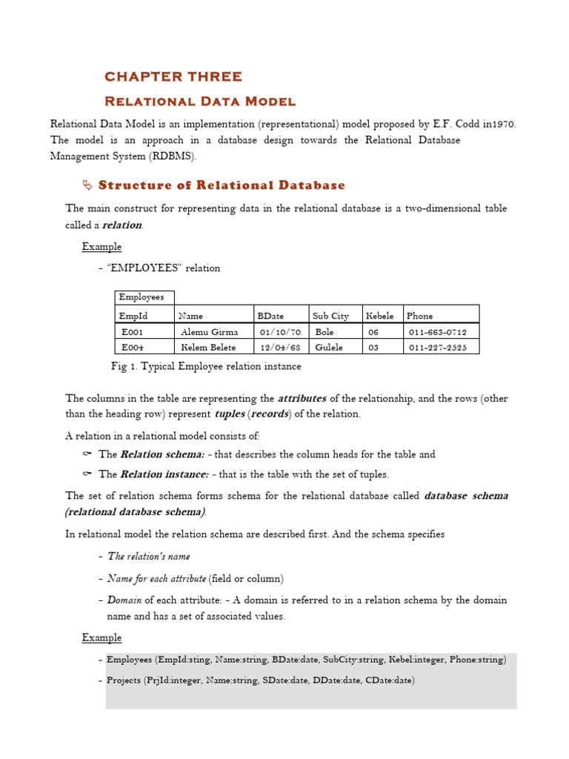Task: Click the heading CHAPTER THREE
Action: [x=173, y=76]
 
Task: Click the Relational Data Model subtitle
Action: [x=199, y=101]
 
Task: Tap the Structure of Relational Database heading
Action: [x=222, y=185]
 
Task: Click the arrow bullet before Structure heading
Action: [x=86, y=185]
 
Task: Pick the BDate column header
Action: [x=270, y=316]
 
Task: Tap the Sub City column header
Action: [x=330, y=316]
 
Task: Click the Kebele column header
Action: [x=380, y=316]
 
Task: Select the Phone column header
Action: [x=419, y=316]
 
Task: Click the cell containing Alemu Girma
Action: [x=209, y=332]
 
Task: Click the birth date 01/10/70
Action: [x=280, y=332]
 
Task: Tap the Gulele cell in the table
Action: [x=330, y=347]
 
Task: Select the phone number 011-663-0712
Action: [x=438, y=332]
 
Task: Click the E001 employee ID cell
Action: [x=133, y=332]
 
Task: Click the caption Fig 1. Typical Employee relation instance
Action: [x=206, y=366]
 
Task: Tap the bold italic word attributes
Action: [x=302, y=398]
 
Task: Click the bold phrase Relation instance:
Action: [x=164, y=474]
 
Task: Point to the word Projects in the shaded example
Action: [x=124, y=680]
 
